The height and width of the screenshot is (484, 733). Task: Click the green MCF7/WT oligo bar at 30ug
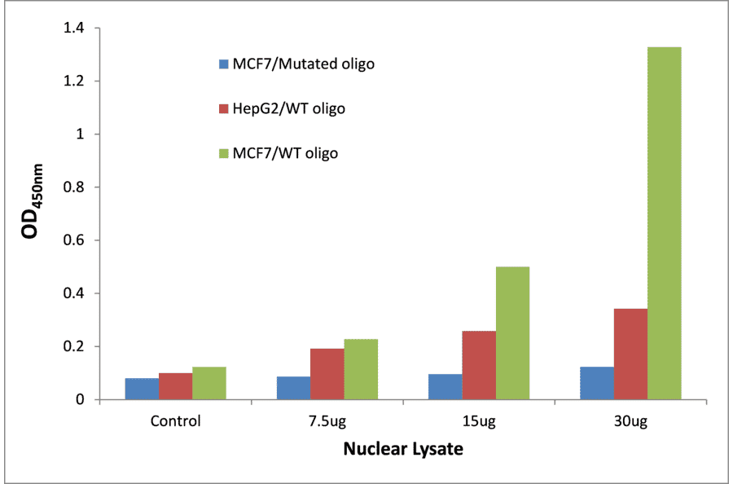click(x=664, y=223)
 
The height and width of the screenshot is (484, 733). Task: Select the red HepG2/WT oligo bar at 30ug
click(x=630, y=354)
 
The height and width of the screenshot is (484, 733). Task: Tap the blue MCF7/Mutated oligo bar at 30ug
click(x=597, y=383)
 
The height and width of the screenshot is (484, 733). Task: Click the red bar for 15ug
click(x=479, y=365)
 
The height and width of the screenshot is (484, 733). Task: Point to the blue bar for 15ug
click(x=445, y=386)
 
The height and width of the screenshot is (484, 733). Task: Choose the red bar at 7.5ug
click(x=327, y=374)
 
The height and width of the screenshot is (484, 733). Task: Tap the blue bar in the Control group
click(x=142, y=389)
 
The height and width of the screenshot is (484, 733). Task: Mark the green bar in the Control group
click(x=209, y=383)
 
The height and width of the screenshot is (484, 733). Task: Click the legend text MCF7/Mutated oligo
click(x=303, y=64)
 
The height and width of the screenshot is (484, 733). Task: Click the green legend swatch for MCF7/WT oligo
click(x=223, y=152)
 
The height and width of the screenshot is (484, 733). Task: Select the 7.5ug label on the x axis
click(x=327, y=421)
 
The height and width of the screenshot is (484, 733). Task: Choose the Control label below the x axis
click(x=175, y=421)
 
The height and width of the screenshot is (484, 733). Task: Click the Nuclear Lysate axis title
click(x=403, y=449)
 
